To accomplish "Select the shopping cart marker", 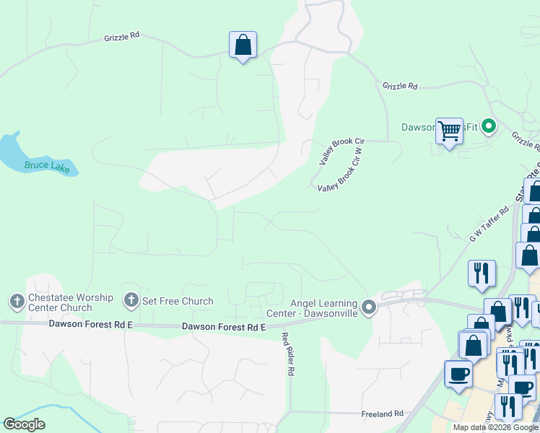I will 449,131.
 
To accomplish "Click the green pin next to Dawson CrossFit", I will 488,128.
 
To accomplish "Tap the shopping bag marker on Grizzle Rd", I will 243,45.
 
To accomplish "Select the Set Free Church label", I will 178,301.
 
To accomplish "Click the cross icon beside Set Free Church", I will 131,299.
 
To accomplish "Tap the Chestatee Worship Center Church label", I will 60,303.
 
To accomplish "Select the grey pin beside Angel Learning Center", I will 369,308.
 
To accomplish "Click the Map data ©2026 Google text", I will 495,427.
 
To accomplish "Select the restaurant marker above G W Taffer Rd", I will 482,274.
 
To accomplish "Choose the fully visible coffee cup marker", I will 458,375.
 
